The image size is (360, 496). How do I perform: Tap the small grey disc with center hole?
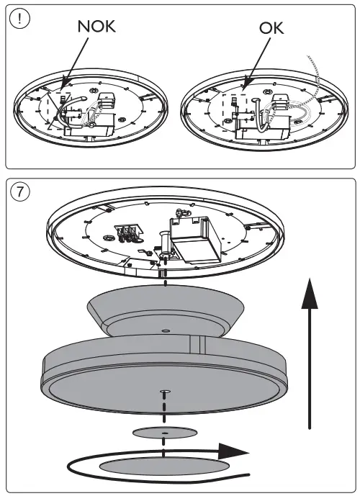coord(165,433)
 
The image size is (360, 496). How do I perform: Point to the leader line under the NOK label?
coord(79,61)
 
